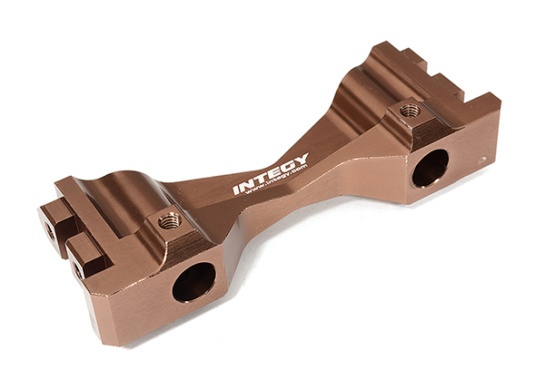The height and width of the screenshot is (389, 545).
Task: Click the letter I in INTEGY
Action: [x=236, y=190]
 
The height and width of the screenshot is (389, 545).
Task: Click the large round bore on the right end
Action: [x=431, y=168]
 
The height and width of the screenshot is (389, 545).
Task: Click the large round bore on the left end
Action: [x=194, y=281]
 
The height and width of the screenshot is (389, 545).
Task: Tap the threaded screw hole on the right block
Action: [x=410, y=111]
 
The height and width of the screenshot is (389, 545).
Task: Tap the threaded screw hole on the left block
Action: [x=169, y=220]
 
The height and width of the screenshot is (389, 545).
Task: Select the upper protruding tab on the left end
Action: [x=56, y=218]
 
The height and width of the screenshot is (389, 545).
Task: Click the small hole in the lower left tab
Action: [x=77, y=268]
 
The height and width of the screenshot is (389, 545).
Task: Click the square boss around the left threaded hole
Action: [x=171, y=225]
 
